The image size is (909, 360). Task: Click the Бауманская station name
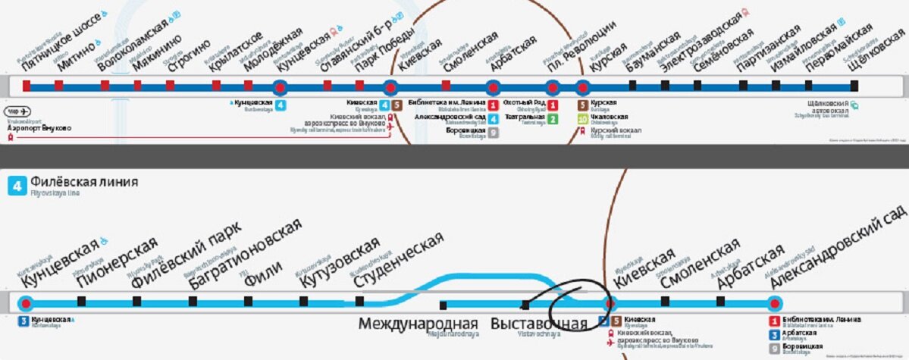tap(657, 50)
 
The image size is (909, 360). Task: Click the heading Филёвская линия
tap(85, 183)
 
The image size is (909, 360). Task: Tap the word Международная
tap(418, 324)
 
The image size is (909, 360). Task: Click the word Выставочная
tap(539, 324)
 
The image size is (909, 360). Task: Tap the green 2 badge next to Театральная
tap(553, 117)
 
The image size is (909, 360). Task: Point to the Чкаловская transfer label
tap(609, 117)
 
